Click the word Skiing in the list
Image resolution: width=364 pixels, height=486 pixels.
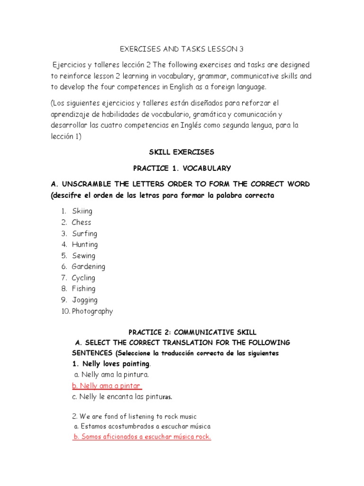pos(82,211)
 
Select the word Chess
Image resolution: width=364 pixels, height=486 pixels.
pos(82,222)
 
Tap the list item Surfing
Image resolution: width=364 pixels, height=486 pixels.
pos(84,234)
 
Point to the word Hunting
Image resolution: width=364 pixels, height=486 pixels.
pos(85,244)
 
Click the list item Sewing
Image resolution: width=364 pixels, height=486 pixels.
pos(83,256)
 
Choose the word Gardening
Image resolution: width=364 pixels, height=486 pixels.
pos(89,267)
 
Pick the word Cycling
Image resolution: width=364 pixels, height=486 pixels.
pos(83,278)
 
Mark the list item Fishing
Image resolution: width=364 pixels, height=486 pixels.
pos(83,289)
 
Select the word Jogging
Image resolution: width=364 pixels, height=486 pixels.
pos(85,300)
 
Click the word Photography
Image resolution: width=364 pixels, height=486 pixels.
pos(92,311)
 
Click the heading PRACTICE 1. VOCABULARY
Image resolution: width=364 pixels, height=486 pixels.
pos(182,168)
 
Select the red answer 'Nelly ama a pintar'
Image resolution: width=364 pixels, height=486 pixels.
pos(107,386)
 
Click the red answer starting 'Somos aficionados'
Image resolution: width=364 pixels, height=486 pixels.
pos(142,437)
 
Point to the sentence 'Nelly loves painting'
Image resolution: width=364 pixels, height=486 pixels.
pos(111,364)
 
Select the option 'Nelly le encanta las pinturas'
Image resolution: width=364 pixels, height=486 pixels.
pos(124,397)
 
